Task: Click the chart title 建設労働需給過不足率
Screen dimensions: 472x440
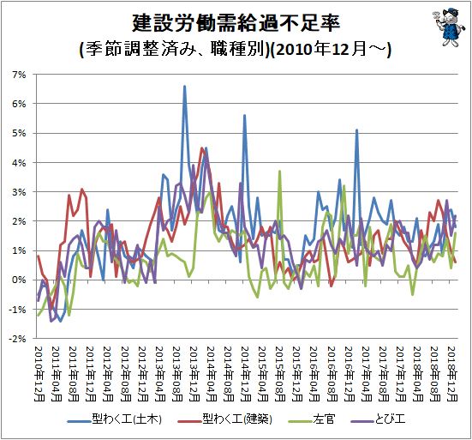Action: [x=236, y=23]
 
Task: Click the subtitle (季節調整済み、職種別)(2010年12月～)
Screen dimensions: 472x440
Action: [x=235, y=49]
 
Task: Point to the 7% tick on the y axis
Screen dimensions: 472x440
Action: [x=19, y=75]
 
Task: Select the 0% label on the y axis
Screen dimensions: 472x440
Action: [x=19, y=280]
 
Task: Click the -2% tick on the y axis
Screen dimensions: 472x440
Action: [x=17, y=339]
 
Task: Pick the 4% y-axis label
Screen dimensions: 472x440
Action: [x=19, y=162]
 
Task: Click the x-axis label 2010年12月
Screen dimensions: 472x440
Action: [x=39, y=374]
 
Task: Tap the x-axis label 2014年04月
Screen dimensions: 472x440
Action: [x=212, y=374]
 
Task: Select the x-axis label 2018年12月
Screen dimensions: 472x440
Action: [x=452, y=374]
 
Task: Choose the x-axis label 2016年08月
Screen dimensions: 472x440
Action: [x=332, y=374]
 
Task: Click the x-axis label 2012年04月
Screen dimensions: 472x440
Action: [x=108, y=374]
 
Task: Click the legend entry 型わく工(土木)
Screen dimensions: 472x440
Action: [x=115, y=419]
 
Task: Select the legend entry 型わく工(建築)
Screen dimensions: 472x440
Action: [x=224, y=419]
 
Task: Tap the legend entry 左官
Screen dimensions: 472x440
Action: [x=312, y=419]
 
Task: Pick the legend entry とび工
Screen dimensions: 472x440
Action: [x=378, y=419]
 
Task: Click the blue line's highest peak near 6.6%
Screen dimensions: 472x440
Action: [x=184, y=87]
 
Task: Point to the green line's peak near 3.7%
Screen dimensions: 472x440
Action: [x=279, y=172]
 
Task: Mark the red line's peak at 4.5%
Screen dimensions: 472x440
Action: [x=201, y=148]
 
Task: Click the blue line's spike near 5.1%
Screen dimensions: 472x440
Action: [x=356, y=130]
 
